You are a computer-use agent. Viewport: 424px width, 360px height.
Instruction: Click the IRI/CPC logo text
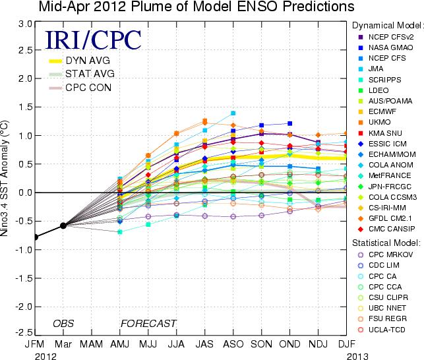pos(93,40)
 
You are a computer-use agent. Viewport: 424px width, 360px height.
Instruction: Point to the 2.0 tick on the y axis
pos(25,78)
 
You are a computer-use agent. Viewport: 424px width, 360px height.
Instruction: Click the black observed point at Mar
pos(63,225)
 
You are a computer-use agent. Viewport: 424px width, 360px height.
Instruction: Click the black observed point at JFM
pos(36,237)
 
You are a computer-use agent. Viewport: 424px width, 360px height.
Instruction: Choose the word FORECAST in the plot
pos(148,323)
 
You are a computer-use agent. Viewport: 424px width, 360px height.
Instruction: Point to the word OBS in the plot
pos(63,323)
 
